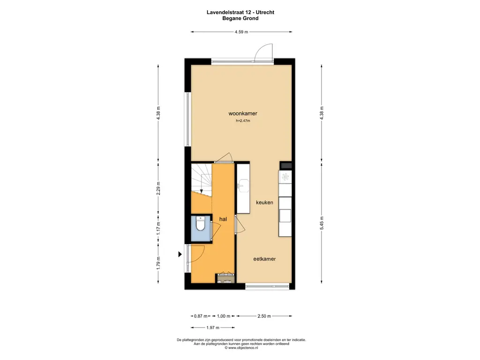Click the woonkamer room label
pos(243,113)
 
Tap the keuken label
pos(264,202)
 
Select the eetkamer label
pos(264,259)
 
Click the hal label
pos(223,219)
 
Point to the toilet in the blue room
pos(201,224)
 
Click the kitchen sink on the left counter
pos(243,185)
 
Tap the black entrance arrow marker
pos(180,254)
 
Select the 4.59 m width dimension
pos(241,32)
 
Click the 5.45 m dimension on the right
pos(322,223)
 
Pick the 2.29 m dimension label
pos(158,188)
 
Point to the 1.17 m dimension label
pos(158,228)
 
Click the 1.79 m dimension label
pos(158,263)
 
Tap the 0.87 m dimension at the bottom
pos(201,316)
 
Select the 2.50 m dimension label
pos(264,316)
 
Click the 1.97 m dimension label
pos(213,328)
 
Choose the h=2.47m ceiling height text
pos(243,121)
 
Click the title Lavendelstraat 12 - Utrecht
pos(240,12)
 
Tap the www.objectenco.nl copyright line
pos(241,348)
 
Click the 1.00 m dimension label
pos(224,316)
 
